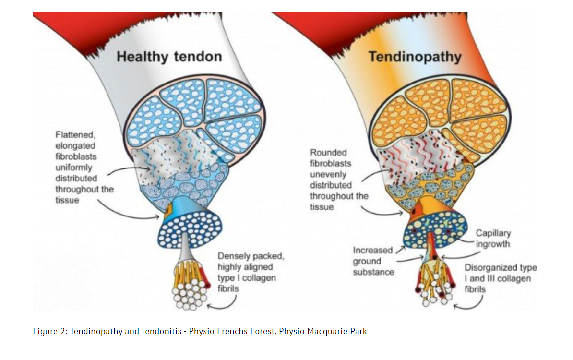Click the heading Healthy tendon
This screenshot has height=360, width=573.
tap(169, 57)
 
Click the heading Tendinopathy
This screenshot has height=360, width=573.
tap(415, 57)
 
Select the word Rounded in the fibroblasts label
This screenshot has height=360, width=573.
tap(328, 152)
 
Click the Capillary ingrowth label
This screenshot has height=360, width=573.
tap(493, 239)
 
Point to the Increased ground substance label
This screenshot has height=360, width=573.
tap(373, 261)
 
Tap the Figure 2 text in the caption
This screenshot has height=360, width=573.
tap(50, 332)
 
